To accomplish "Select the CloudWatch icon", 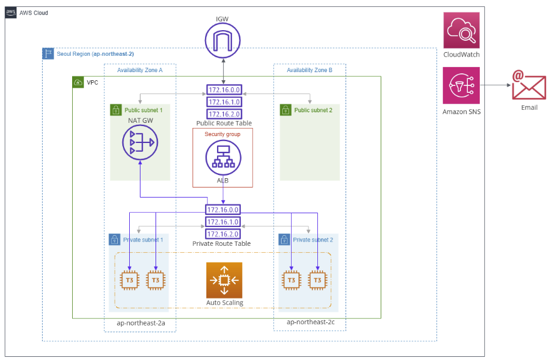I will tap(461, 30).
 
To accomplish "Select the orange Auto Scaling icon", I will tap(224, 280).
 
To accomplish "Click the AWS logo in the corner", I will tap(11, 13).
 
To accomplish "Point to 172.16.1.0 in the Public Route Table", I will tap(223, 102).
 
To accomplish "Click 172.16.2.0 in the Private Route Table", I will tap(223, 233).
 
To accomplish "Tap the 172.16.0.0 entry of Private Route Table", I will tap(223, 210).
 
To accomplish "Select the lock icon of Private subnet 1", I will tap(115, 240).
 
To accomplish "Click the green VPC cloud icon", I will tap(78, 82).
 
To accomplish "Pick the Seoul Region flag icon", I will tap(48, 54).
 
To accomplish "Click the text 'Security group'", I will tap(223, 134).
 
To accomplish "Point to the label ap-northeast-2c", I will tap(307, 322).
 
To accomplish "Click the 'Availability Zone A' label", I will tap(140, 70).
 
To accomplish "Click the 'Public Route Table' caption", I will tap(223, 123).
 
